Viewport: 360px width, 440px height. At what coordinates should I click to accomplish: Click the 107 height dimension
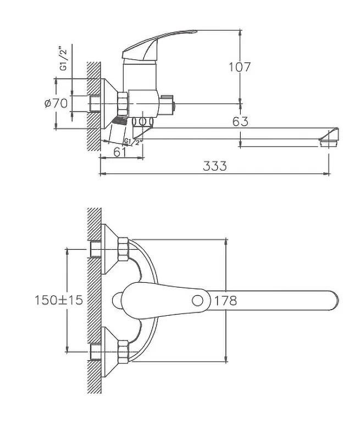click(240, 67)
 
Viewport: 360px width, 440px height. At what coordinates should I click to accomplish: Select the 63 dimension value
click(240, 122)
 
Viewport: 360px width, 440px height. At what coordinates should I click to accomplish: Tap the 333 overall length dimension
click(214, 166)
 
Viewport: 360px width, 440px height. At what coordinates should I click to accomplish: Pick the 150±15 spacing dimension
click(58, 300)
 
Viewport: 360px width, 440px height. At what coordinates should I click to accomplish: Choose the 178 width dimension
click(225, 300)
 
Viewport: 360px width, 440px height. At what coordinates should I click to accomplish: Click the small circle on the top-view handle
click(198, 300)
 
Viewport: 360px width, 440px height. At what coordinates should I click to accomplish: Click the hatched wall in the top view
click(95, 300)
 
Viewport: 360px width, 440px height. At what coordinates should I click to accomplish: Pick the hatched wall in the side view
click(93, 105)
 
